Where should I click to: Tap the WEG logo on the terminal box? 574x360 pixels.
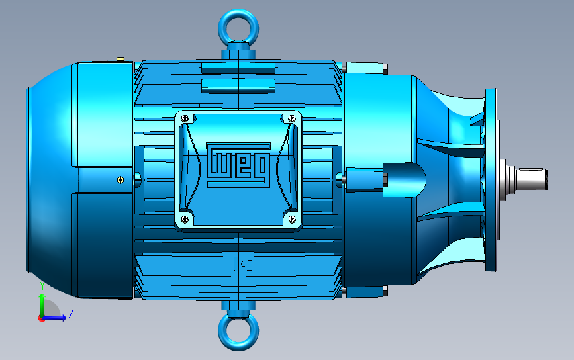tap(238, 165)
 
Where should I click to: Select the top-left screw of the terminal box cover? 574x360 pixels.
tap(185, 118)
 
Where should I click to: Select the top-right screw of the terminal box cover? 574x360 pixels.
tap(292, 118)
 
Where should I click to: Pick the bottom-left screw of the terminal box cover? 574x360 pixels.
tap(185, 219)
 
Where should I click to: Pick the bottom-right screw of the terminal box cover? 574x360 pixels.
tap(292, 219)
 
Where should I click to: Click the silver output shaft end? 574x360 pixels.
tap(531, 179)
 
